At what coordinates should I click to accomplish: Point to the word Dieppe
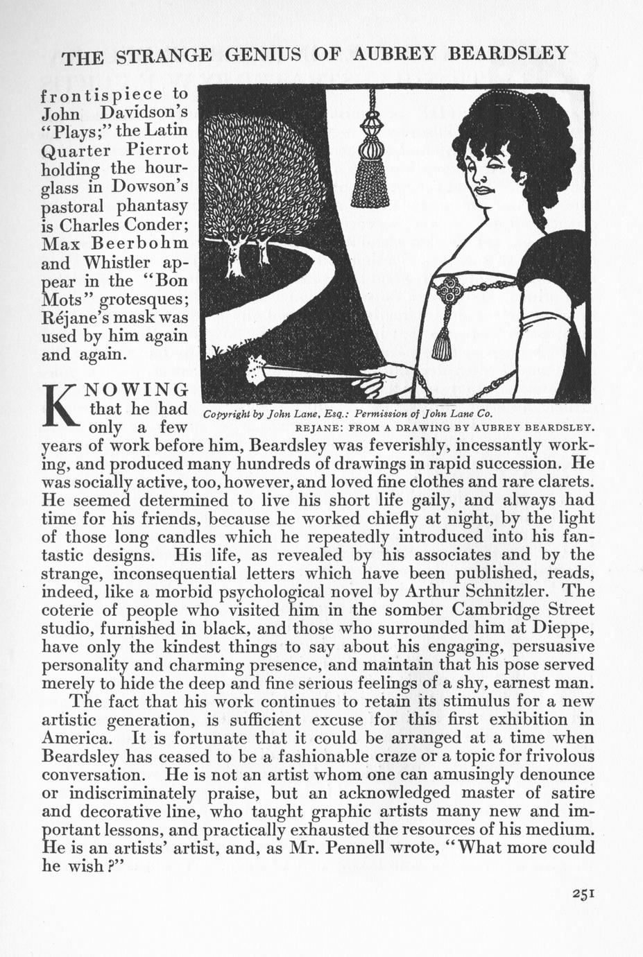pos(560,628)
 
